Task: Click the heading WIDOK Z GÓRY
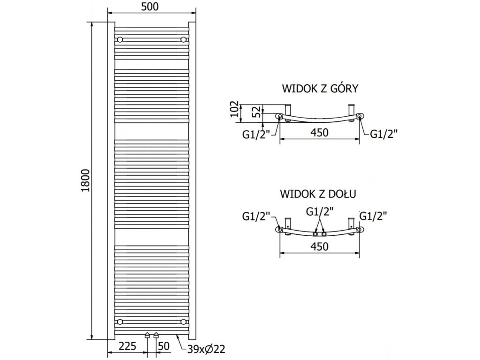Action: point(320,89)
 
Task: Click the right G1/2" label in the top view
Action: point(384,134)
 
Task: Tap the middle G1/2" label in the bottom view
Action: point(319,211)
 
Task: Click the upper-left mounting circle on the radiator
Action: point(120,39)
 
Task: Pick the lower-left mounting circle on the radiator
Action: point(120,321)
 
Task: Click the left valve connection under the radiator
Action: point(148,336)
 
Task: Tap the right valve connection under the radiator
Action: point(156,336)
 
